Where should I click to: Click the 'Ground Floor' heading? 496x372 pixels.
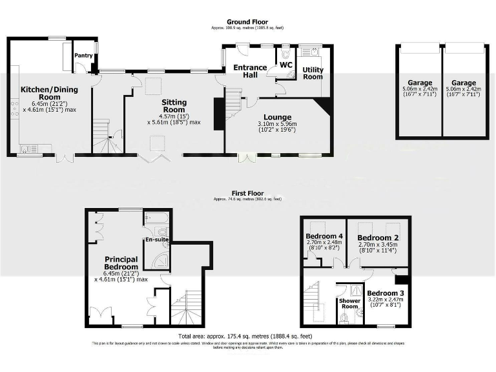point(248,22)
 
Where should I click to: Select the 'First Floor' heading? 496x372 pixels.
point(248,193)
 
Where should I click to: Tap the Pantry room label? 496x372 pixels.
point(83,56)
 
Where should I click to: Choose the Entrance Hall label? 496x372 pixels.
point(250,71)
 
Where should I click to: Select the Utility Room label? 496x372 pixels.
point(313,72)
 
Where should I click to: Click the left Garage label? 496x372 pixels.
point(419,83)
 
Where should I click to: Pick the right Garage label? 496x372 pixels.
point(464,83)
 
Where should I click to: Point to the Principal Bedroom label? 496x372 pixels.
point(121,263)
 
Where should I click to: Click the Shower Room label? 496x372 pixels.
point(349,304)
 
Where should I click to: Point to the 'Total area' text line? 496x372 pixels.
point(248,336)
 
